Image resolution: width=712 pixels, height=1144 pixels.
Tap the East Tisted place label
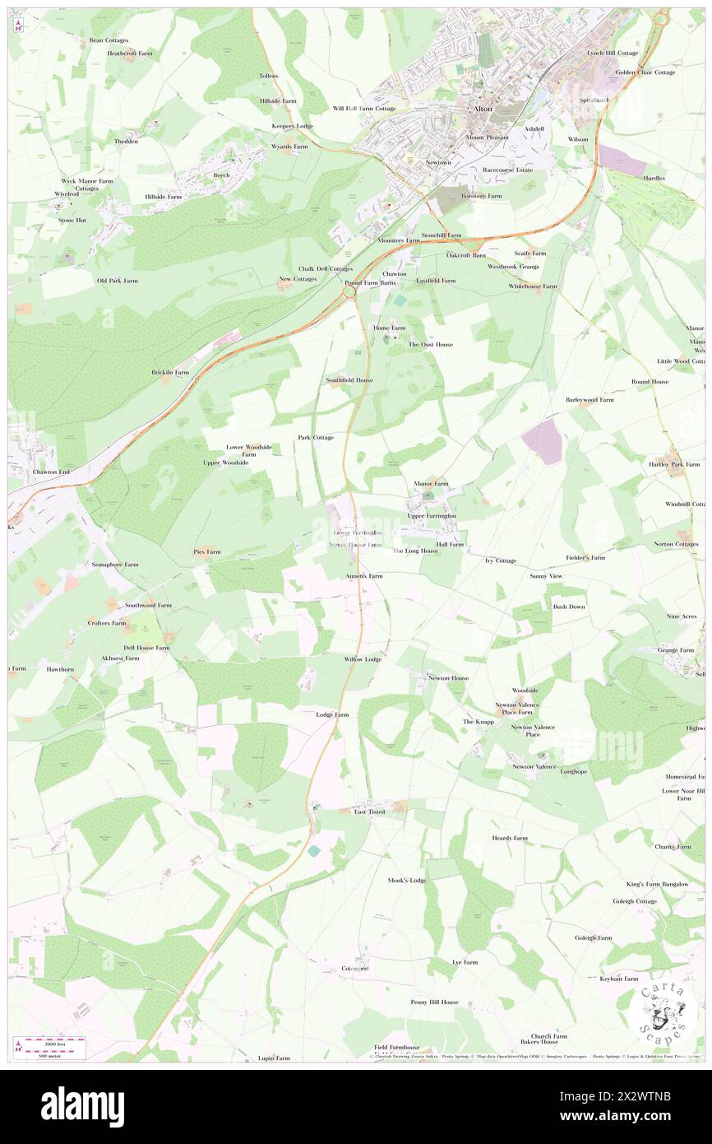[369, 811]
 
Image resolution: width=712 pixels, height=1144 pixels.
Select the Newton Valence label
[534, 766]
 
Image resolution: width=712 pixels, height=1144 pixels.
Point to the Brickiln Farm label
[170, 372]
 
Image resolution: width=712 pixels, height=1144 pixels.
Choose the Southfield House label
[349, 380]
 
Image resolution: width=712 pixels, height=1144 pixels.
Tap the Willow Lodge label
[363, 659]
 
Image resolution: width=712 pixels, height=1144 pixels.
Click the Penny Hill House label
[435, 1002]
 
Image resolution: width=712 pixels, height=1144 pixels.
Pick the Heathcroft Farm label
[130, 53]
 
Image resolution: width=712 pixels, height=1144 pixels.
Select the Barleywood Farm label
[589, 399]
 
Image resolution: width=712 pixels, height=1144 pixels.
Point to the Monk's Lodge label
[407, 880]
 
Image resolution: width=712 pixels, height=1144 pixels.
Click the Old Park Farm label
[118, 281]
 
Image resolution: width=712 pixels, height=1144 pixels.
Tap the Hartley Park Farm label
[667, 464]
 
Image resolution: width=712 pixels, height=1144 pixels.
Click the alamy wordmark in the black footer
[82, 1106]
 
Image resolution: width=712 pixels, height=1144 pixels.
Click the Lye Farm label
[465, 961]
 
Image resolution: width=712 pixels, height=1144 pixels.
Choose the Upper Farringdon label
[432, 515]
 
